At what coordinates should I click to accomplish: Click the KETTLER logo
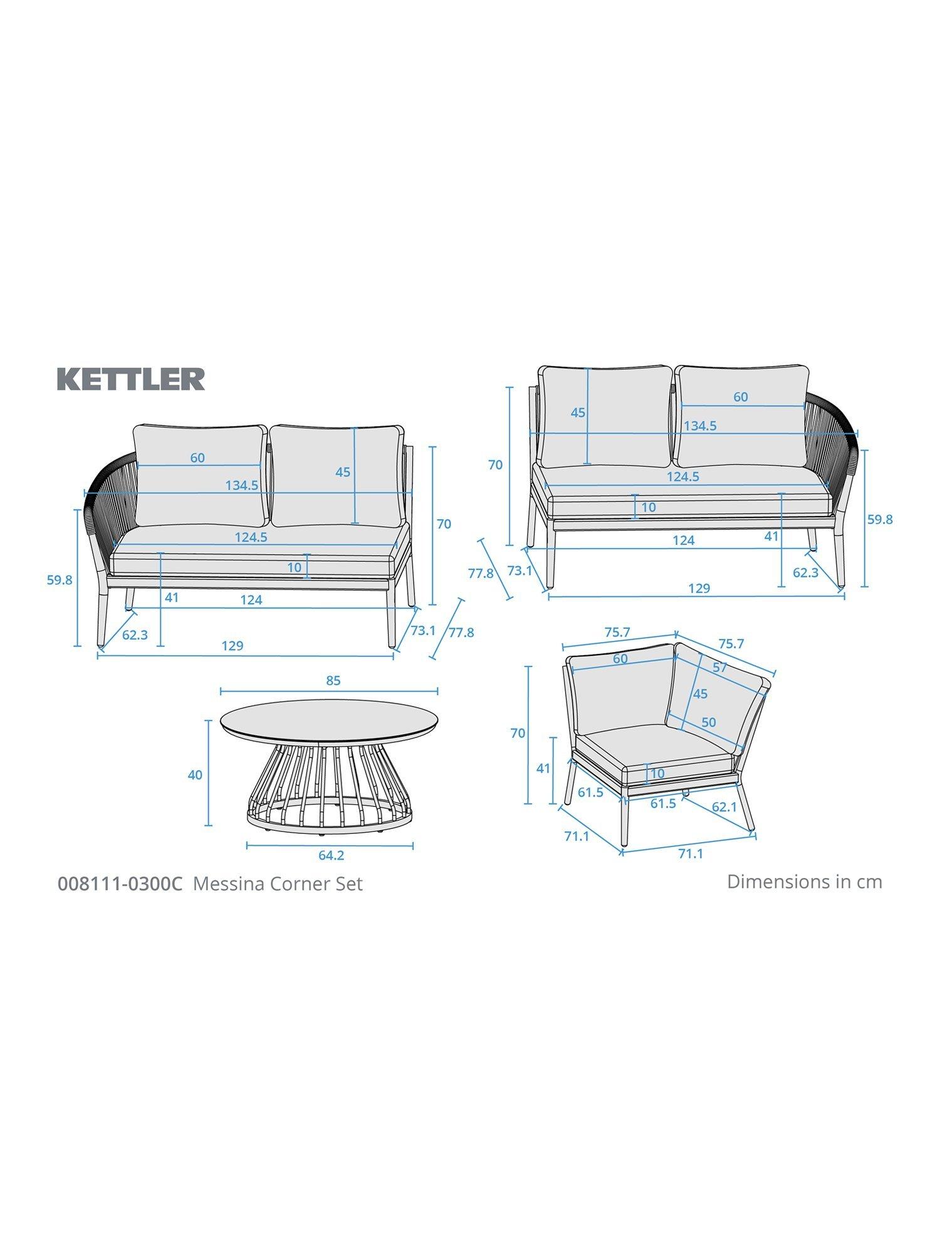pos(131,379)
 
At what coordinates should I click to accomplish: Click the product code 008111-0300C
pos(120,883)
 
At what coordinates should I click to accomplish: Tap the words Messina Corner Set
pos(278,883)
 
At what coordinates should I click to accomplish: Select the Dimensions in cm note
pos(804,882)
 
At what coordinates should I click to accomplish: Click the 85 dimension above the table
pos(333,680)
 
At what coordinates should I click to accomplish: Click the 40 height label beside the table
pos(195,775)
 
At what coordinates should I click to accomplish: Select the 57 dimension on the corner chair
pos(719,668)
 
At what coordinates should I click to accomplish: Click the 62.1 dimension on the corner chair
pos(724,807)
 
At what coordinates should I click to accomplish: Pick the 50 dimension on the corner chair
pos(708,722)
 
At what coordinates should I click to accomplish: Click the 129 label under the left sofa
pos(232,646)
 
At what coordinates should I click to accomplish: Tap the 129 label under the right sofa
pos(699,588)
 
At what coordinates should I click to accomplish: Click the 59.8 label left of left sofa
pos(60,580)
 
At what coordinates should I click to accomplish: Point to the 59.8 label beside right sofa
pos(880,519)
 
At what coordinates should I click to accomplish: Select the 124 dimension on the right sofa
pos(683,540)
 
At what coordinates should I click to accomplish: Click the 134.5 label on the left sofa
pos(242,485)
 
